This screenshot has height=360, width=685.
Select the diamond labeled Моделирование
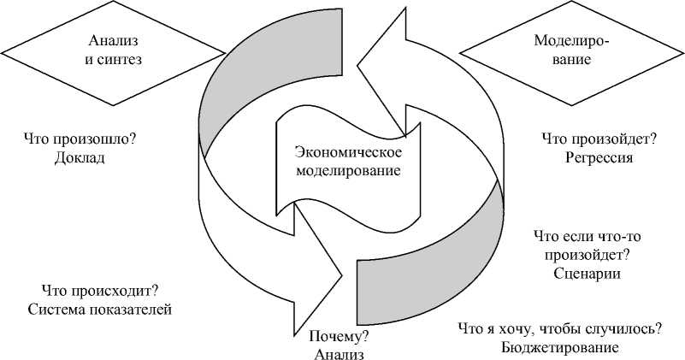[x=564, y=50]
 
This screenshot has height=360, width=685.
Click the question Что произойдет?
[x=599, y=138]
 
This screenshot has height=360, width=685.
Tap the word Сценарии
[x=587, y=274]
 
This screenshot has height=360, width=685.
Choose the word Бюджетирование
[x=559, y=348]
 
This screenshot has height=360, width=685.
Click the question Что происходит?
[x=101, y=291]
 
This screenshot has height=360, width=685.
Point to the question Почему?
[x=339, y=335]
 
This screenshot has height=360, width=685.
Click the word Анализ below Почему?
[x=339, y=352]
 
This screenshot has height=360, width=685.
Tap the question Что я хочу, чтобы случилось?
[x=559, y=329]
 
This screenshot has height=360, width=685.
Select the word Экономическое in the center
[x=347, y=151]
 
